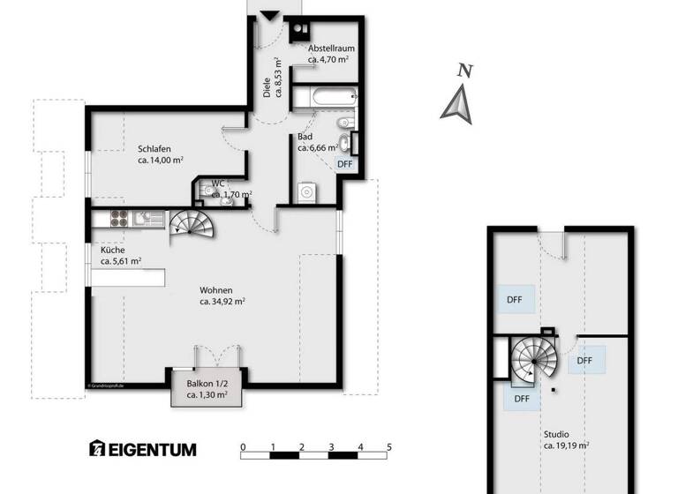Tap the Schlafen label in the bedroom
point(154,149)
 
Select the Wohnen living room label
point(216,289)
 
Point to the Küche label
point(112,250)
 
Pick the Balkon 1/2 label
point(207,384)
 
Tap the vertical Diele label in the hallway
point(267,88)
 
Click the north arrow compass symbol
point(458,96)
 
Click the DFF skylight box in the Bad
point(345,163)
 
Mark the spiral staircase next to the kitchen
point(192,227)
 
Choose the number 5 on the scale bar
point(388,447)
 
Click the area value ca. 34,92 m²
point(222,302)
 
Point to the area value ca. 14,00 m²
point(161,161)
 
